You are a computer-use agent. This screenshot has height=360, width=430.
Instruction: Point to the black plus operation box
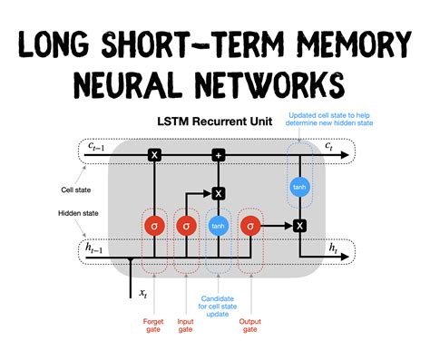(x=218, y=155)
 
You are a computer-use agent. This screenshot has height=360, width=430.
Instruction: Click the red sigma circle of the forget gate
(x=154, y=225)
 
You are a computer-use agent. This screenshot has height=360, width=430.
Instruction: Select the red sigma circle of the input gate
(x=186, y=225)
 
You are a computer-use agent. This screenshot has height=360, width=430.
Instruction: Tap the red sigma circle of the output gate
(x=250, y=225)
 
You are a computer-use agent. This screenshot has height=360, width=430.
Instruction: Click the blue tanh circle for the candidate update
(x=218, y=225)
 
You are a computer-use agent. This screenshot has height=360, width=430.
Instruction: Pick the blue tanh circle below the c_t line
(x=298, y=187)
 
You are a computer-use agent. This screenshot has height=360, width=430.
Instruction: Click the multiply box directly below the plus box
(x=218, y=192)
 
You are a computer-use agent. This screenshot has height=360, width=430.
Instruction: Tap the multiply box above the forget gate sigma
(x=154, y=155)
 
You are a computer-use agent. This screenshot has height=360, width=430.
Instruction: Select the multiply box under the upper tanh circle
(x=298, y=225)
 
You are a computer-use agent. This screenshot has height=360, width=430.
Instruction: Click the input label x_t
(x=142, y=293)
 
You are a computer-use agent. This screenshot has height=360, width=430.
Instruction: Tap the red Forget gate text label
(x=154, y=326)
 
